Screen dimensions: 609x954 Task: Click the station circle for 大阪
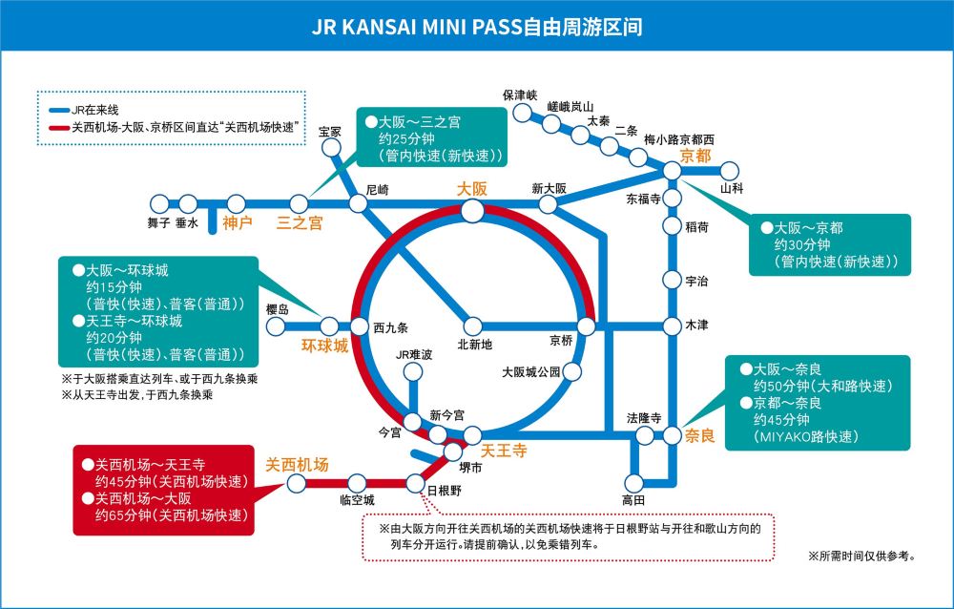pos(472,210)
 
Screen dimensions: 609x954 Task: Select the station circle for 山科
pos(731,171)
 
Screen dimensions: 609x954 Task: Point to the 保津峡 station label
pos(521,95)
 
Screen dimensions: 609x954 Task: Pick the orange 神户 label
pos(238,222)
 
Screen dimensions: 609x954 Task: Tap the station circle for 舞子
pos(158,202)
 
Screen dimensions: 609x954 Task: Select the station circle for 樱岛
pos(278,326)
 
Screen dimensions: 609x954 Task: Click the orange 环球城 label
pos(325,346)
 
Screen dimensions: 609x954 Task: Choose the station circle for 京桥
pos(587,326)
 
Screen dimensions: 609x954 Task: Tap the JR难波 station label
pos(414,355)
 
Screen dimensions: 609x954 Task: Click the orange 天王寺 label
pos(503,451)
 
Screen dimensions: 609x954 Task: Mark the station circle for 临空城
pos(358,483)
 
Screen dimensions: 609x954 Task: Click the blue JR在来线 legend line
pos(58,108)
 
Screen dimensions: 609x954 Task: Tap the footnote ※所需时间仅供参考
pos(861,555)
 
